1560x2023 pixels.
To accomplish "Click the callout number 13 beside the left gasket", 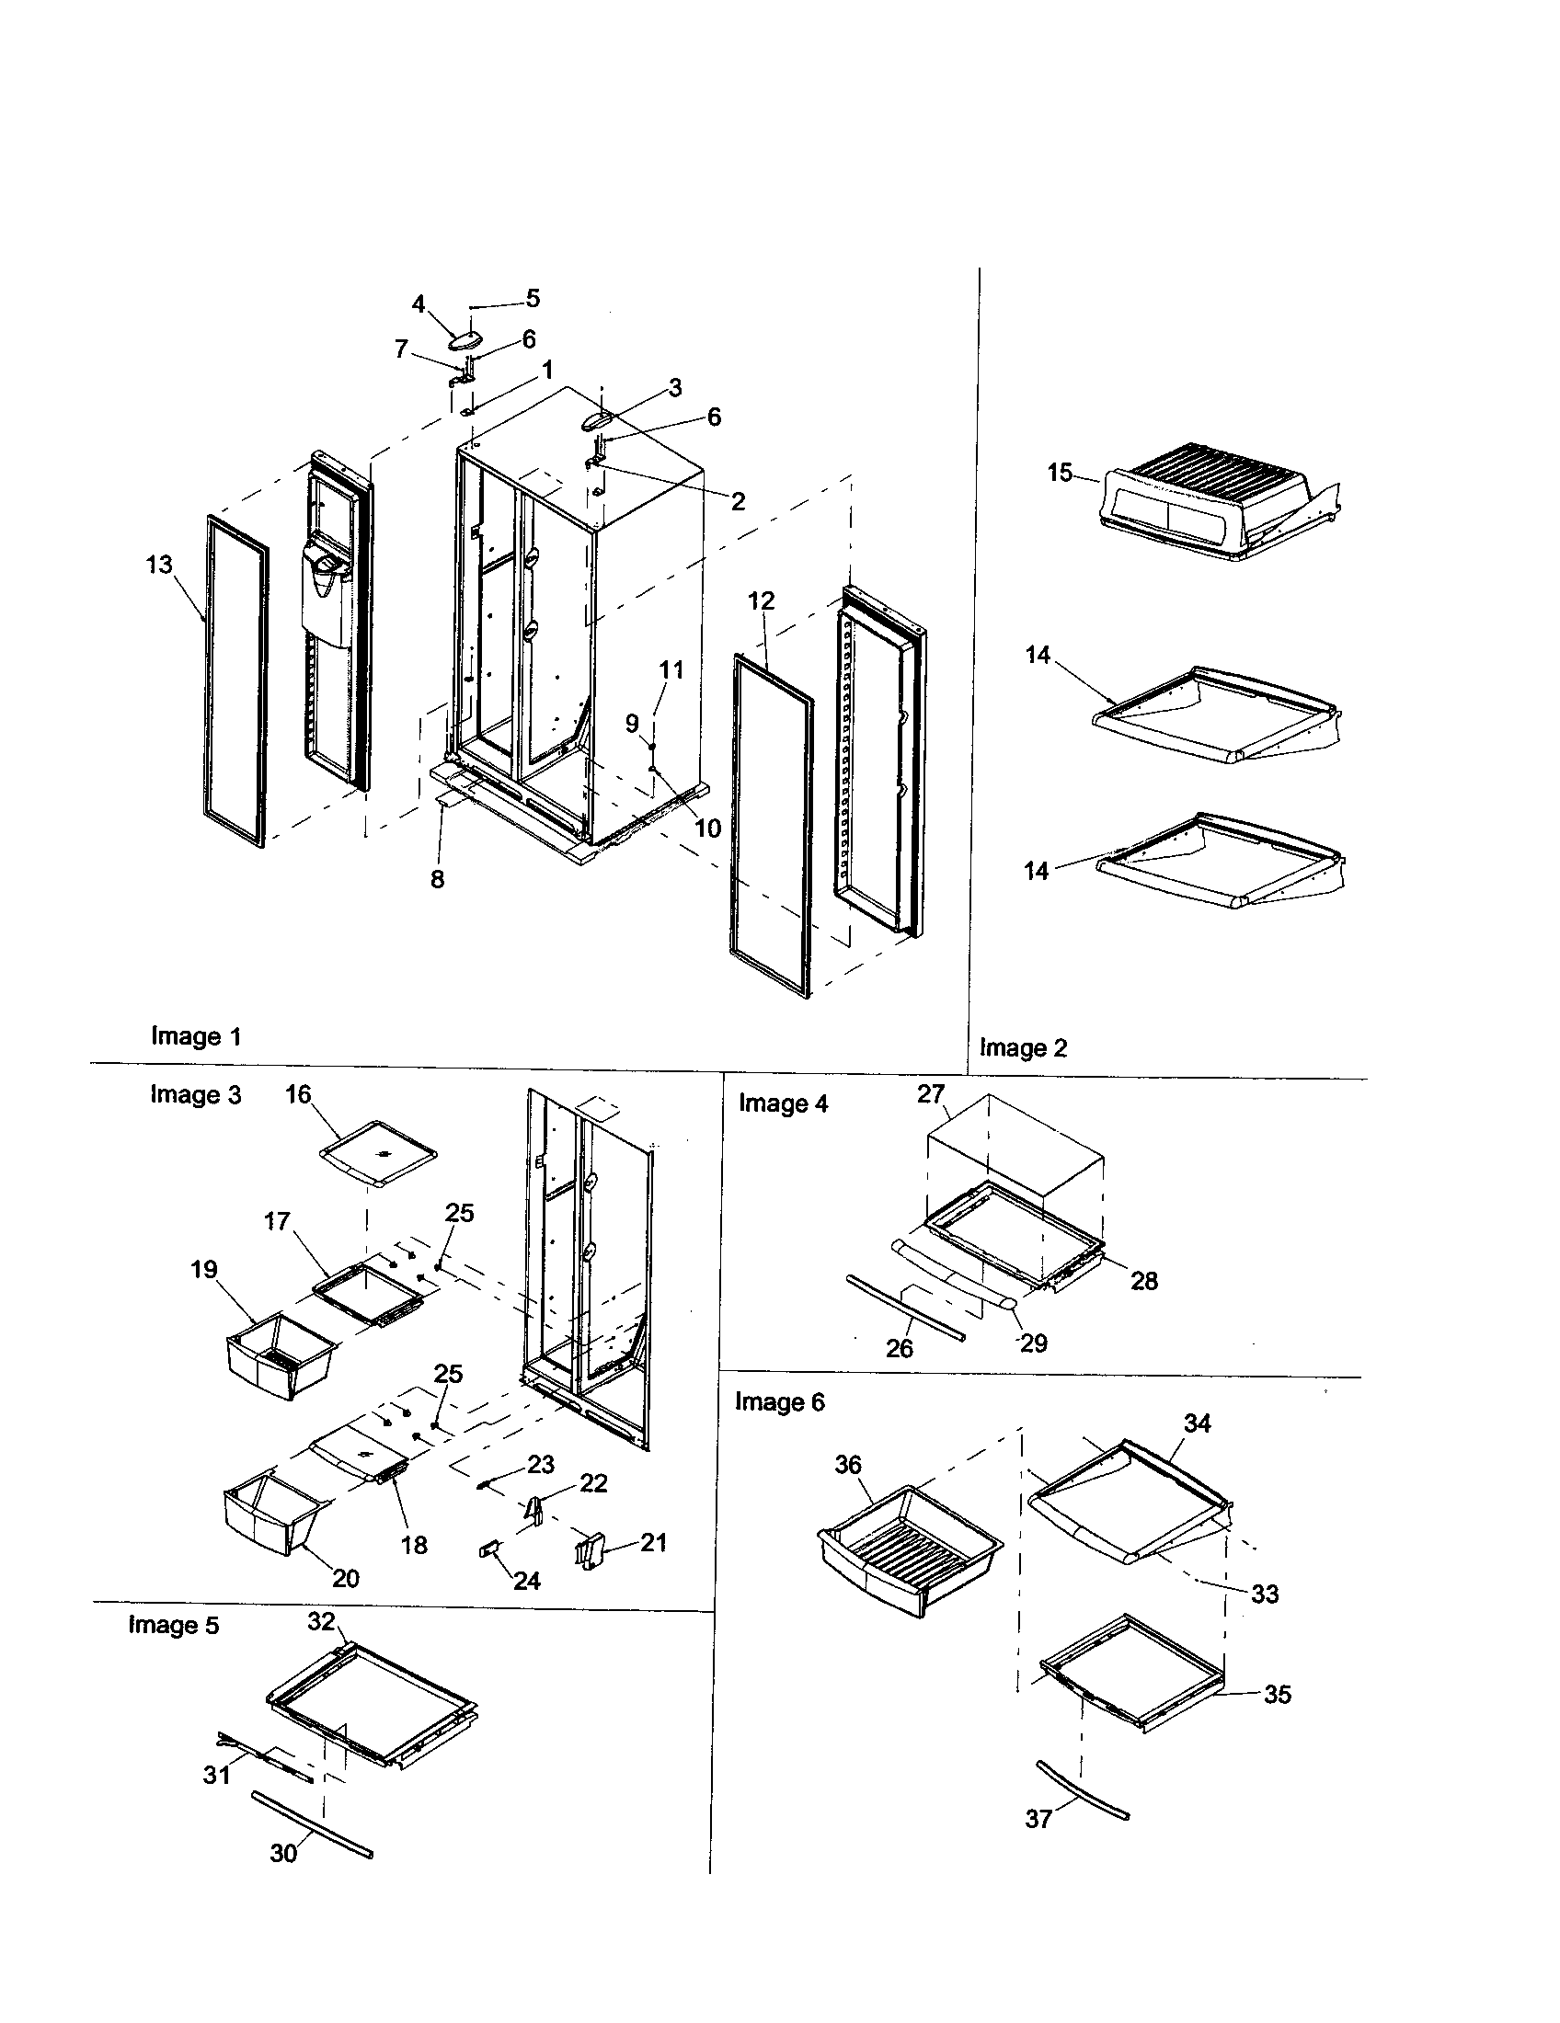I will click(159, 564).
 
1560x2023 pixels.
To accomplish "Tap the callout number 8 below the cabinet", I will click(437, 879).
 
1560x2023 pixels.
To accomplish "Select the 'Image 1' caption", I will click(196, 1036).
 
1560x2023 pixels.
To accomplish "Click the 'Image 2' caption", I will click(1023, 1047).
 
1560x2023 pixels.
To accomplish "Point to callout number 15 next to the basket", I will click(1060, 473).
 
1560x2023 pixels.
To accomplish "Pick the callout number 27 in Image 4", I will click(930, 1094).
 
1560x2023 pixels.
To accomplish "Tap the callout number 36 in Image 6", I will click(848, 1465).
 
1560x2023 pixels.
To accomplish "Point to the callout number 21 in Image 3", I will click(653, 1542).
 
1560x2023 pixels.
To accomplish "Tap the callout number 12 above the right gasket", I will click(761, 600).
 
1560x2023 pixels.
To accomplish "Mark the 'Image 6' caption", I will click(779, 1401).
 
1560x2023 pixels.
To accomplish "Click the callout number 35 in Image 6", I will click(1277, 1694).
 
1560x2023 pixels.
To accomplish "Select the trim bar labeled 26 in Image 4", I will click(906, 1307).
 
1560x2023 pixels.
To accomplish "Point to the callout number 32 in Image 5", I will click(320, 1621).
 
